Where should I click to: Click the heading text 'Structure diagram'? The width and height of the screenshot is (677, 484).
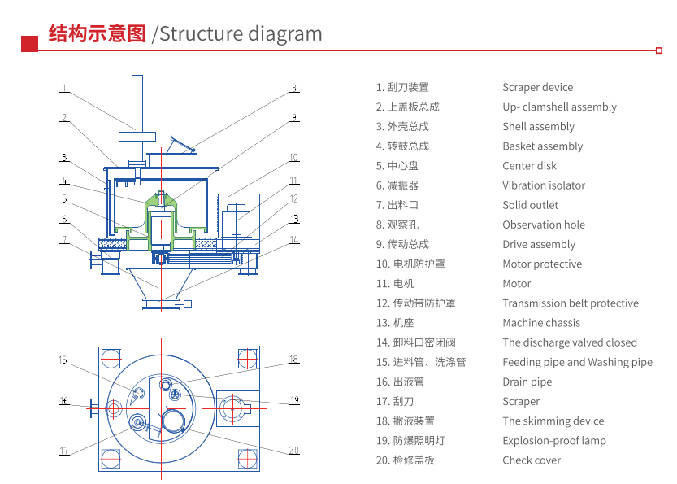pos(241,33)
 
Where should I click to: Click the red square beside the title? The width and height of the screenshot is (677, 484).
pos(29,43)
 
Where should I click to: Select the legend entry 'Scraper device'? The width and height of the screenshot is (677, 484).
pos(537,88)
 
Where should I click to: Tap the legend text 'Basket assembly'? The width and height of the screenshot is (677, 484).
pos(542,146)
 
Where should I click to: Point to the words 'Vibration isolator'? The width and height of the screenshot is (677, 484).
pos(543,185)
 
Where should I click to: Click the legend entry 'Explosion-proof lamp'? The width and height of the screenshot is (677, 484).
pos(553,441)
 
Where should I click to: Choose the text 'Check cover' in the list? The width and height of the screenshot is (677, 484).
pos(532,460)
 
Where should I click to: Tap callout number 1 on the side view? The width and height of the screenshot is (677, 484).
pos(63,89)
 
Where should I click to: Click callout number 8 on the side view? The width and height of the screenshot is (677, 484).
pos(294,89)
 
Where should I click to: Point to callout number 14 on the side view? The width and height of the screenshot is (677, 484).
pos(294,240)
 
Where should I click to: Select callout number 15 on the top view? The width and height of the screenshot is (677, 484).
pos(63,360)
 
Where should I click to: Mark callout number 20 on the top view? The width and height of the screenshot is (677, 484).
pos(294,450)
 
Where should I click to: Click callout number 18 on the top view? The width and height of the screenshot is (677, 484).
pos(294,359)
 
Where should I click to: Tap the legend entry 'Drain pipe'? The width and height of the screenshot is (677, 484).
pos(527,382)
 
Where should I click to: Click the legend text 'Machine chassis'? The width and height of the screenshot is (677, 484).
pos(540,323)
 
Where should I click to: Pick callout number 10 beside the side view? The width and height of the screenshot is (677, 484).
pos(293,158)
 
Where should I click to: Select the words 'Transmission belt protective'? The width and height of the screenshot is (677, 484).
pos(570,303)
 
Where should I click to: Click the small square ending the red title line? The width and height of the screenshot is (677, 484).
pos(658,50)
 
